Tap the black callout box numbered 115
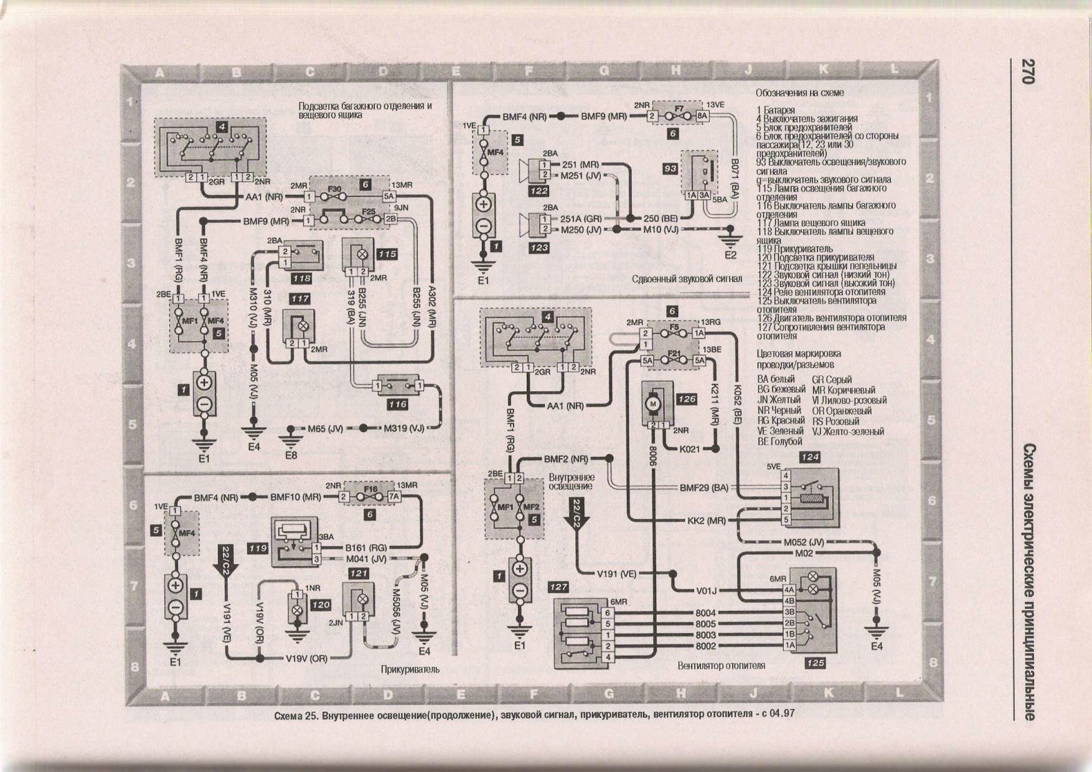pyautogui.click(x=387, y=254)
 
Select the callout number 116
pyautogui.click(x=397, y=404)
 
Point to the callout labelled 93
pyautogui.click(x=670, y=168)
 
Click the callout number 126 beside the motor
pyautogui.click(x=686, y=399)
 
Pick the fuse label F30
pyautogui.click(x=335, y=188)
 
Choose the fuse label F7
pyautogui.click(x=679, y=108)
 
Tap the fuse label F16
pyautogui.click(x=370, y=489)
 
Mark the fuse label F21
pyautogui.click(x=674, y=354)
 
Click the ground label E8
pyautogui.click(x=291, y=455)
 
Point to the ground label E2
pyautogui.click(x=730, y=255)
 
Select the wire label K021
pyautogui.click(x=689, y=448)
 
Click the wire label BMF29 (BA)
pyautogui.click(x=704, y=487)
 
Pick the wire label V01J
pyautogui.click(x=706, y=591)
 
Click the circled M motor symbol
pyautogui.click(x=654, y=404)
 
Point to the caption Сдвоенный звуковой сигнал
pyautogui.click(x=687, y=279)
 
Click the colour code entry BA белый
pyautogui.click(x=776, y=379)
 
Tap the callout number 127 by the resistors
pyautogui.click(x=558, y=586)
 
